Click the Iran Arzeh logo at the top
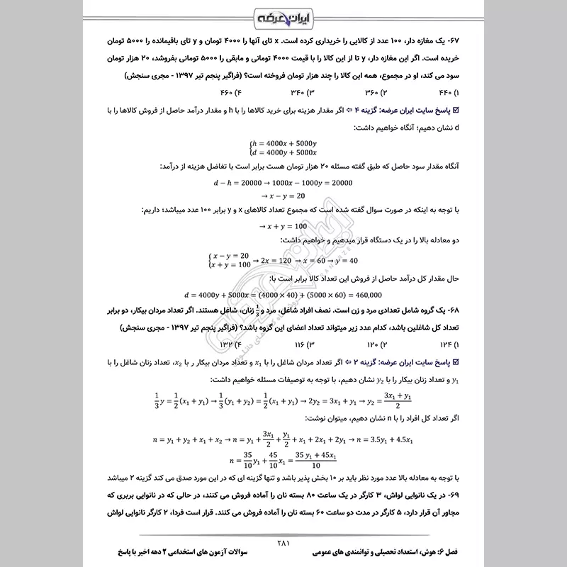(283, 16)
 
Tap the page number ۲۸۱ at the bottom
(283, 543)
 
